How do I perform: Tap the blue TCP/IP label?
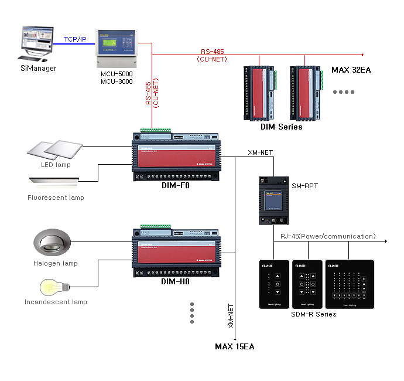(76, 39)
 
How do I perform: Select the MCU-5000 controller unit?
(117, 46)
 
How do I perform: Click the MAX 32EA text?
(351, 70)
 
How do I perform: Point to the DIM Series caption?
(282, 127)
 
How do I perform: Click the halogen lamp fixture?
(53, 241)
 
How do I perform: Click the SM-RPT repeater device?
(271, 199)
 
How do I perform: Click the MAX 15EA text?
(235, 346)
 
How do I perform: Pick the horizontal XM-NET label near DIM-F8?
(261, 152)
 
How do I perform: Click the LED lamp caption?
(56, 165)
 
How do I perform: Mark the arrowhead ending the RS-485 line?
(361, 54)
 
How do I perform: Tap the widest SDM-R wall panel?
(350, 284)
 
